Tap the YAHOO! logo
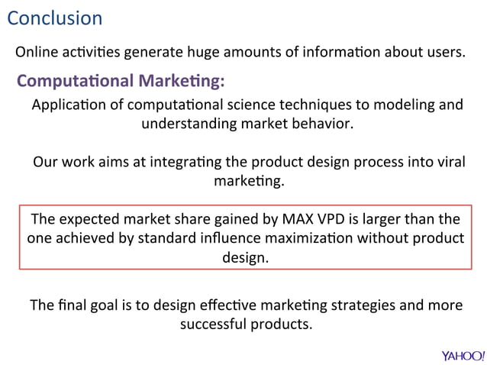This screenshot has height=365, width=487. pos(463,355)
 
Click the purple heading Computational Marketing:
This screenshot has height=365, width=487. pos(121,80)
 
